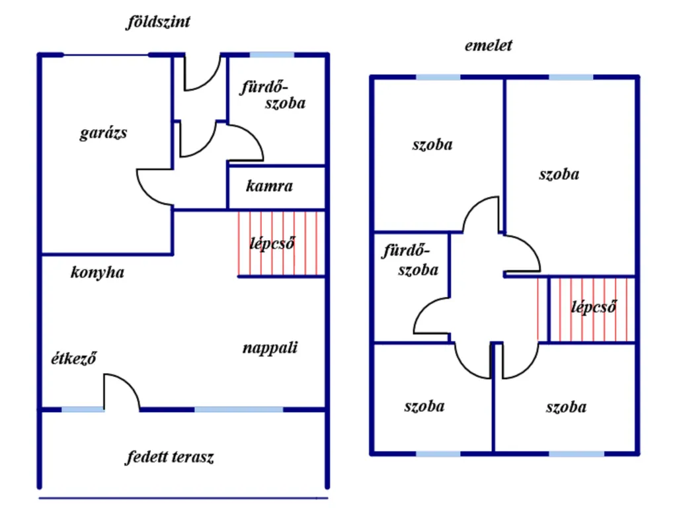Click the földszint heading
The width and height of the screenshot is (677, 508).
point(158,22)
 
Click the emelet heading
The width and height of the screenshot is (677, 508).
point(489,46)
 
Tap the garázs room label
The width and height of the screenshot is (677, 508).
point(104,132)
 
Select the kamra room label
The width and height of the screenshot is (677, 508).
point(270,186)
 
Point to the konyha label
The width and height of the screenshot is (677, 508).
point(97,273)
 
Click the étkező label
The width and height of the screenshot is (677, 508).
point(74,358)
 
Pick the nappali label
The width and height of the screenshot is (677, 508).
point(270,348)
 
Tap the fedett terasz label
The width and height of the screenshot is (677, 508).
point(170,457)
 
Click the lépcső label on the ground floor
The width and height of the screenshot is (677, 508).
point(272,243)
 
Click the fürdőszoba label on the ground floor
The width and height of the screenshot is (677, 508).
point(273,95)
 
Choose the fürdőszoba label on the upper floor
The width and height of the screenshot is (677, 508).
point(411,260)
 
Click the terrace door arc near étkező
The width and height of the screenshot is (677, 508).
point(128,382)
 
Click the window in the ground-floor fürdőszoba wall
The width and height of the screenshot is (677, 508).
point(272,55)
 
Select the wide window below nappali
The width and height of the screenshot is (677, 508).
point(239,409)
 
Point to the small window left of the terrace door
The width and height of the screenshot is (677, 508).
point(83,409)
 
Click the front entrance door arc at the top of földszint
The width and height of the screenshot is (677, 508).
point(207,79)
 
